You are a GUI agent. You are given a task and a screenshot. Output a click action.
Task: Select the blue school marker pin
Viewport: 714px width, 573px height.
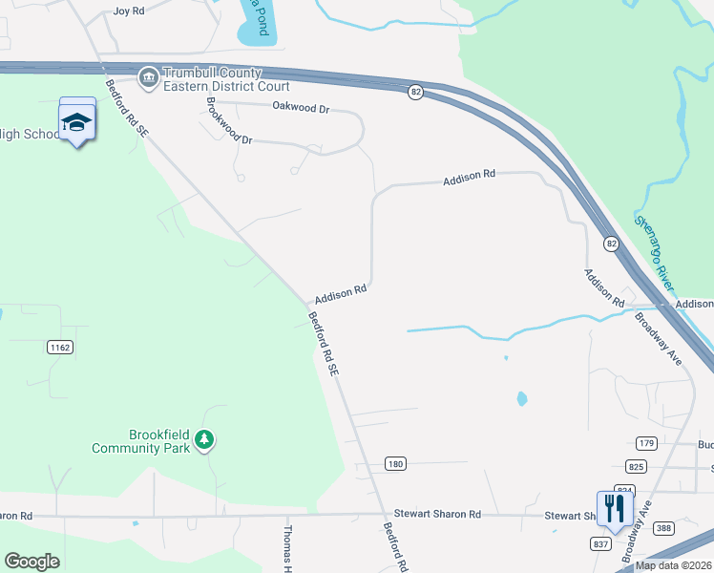pos(77,121)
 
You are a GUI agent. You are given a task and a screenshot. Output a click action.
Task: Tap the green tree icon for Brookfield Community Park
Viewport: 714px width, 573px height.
pos(203,439)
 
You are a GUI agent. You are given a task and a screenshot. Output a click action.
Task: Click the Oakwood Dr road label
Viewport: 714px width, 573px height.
pos(300,108)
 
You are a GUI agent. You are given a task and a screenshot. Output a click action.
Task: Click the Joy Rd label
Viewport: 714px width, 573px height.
pos(128,11)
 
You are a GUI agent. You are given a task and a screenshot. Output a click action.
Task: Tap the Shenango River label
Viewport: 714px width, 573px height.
pos(654,253)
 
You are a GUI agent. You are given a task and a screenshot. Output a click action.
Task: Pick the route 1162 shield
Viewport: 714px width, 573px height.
pos(59,348)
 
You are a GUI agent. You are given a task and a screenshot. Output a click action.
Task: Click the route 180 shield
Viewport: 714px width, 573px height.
pos(396,463)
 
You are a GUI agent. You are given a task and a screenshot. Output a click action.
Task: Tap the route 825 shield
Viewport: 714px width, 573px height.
pos(638,466)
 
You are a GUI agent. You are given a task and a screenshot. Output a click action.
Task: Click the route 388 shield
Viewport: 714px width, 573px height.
pos(664,528)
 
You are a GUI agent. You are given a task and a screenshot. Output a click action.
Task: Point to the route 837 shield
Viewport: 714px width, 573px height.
pos(599,544)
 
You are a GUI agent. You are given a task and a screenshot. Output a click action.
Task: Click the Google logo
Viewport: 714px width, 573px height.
pos(31,562)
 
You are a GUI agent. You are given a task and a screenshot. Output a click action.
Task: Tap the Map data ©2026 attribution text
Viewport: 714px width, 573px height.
pos(674,565)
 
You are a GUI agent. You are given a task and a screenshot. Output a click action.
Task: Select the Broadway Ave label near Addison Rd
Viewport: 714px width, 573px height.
pos(659,337)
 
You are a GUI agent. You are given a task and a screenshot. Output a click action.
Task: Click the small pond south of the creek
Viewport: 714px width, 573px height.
pos(521,398)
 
